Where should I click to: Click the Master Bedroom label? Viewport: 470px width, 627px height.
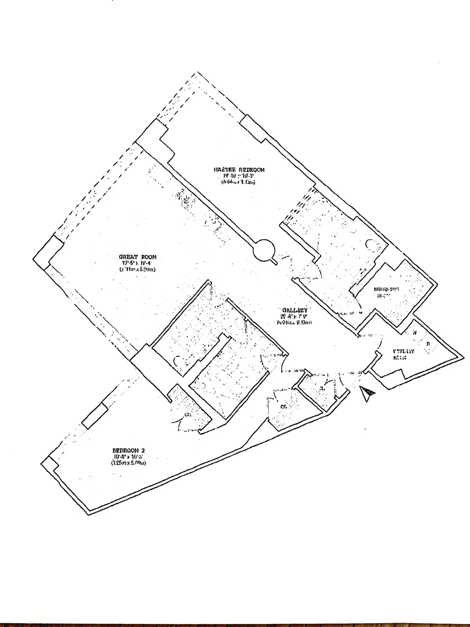coord(239,170)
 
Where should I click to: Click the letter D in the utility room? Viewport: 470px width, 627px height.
coord(428,344)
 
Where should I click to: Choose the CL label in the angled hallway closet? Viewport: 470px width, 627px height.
coord(283,407)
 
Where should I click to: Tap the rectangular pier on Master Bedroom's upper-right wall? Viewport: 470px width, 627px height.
coord(251,129)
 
